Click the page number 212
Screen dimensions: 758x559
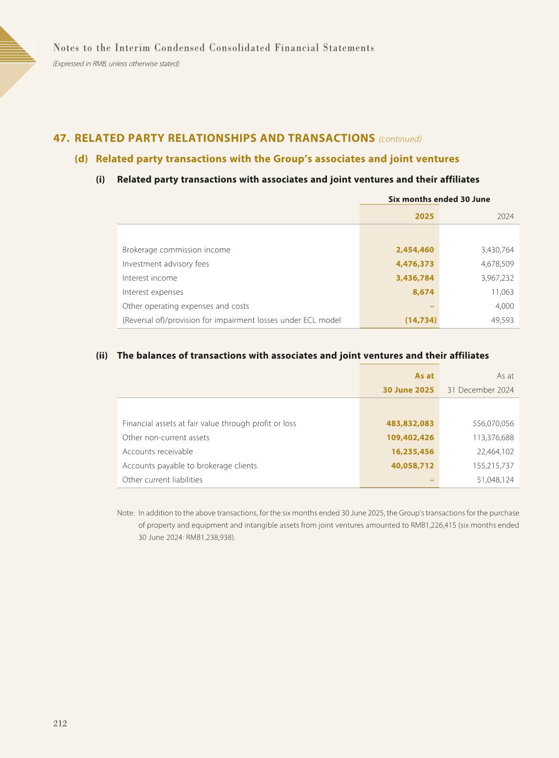pyautogui.click(x=60, y=723)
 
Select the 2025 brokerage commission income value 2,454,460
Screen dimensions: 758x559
pyautogui.click(x=415, y=250)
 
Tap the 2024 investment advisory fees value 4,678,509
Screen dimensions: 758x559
pyautogui.click(x=494, y=264)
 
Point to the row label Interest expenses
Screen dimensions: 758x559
pyautogui.click(x=153, y=292)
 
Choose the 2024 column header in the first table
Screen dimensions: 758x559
pyautogui.click(x=505, y=216)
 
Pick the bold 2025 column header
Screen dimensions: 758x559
pyautogui.click(x=424, y=216)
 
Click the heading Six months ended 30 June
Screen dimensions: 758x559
pyautogui.click(x=439, y=199)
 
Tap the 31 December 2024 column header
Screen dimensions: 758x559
pyautogui.click(x=480, y=390)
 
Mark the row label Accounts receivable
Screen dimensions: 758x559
pyautogui.click(x=157, y=452)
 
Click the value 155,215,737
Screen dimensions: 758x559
pyautogui.click(x=493, y=466)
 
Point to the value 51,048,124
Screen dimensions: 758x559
pyautogui.click(x=495, y=480)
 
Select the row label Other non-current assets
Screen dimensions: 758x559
pyautogui.click(x=166, y=437)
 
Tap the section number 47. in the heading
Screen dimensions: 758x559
pyautogui.click(x=62, y=138)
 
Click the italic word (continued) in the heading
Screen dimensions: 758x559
pyautogui.click(x=400, y=139)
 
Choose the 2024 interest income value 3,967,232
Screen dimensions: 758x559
pyautogui.click(x=494, y=278)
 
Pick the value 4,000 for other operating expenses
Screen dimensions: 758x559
pyautogui.click(x=504, y=306)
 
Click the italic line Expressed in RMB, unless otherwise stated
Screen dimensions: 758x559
pyautogui.click(x=116, y=63)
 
